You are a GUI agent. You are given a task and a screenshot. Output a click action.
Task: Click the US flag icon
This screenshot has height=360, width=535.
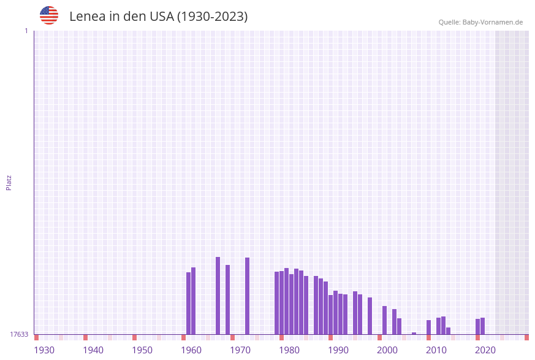49,15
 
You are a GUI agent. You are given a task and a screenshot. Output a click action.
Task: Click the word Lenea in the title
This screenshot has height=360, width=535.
88,17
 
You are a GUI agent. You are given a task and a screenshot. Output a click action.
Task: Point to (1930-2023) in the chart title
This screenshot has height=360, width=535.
212,17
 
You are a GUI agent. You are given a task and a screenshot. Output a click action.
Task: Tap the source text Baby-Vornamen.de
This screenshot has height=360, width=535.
493,22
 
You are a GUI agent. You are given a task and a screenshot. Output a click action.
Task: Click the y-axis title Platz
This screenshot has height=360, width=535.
9,182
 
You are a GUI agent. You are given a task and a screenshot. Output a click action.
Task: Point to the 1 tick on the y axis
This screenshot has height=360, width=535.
26,31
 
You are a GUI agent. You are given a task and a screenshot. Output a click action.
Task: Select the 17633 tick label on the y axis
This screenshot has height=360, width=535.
19,334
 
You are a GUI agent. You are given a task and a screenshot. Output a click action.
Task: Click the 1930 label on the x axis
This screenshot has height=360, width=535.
44,350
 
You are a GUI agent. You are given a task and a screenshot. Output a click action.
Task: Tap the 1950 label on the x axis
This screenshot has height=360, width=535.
142,350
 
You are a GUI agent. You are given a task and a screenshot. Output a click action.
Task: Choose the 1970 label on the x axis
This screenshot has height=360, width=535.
240,350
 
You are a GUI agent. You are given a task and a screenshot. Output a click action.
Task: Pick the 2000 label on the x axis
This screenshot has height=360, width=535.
387,350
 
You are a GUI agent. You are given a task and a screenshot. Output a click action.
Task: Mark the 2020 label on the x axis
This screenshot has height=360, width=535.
485,350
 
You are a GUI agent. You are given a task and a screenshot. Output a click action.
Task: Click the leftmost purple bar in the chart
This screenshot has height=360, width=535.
189,303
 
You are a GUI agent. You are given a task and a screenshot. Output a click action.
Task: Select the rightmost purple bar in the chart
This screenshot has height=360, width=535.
483,326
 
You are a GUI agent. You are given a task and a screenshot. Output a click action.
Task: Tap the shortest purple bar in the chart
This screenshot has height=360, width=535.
414,333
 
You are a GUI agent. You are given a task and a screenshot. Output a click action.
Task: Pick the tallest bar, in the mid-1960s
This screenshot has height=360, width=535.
218,296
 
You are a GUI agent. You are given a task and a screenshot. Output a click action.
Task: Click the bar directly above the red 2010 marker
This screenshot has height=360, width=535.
429,327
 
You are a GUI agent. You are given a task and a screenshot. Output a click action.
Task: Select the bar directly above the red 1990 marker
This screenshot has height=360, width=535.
331,315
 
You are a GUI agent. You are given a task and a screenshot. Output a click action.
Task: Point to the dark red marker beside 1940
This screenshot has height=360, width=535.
86,337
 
